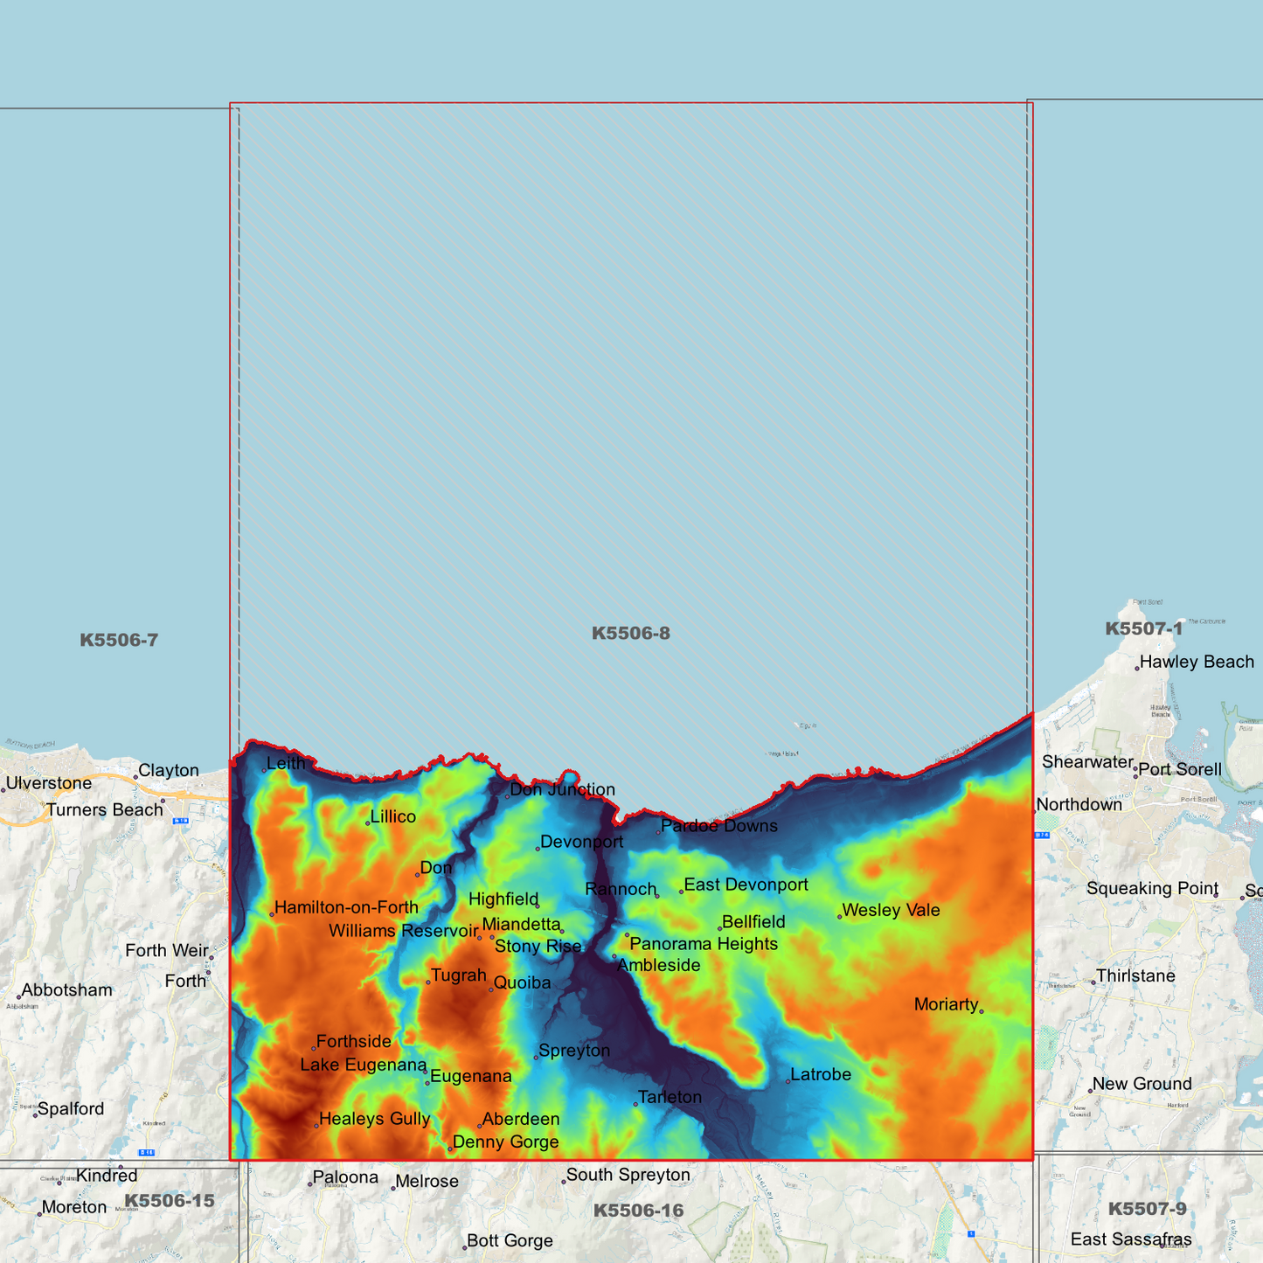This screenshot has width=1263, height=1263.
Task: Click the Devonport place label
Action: [581, 842]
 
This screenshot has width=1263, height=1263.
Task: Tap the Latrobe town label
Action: [820, 1074]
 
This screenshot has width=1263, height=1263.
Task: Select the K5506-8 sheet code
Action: [630, 633]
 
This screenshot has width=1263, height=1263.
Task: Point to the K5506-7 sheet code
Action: [119, 640]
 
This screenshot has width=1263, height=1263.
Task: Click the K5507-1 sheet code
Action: [1143, 628]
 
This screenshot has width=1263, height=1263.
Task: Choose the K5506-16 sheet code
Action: [638, 1211]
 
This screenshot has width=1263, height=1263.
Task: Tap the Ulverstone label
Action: [49, 783]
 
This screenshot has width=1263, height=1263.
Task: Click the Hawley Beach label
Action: [1197, 662]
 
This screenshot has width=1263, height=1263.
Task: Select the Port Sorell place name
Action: [1180, 769]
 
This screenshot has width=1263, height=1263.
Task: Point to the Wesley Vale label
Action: [891, 910]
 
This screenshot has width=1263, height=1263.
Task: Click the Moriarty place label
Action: [946, 1004]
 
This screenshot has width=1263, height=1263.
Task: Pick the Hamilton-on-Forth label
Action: [346, 907]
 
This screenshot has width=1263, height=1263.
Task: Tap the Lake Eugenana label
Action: [363, 1065]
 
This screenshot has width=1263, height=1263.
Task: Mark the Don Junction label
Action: [562, 789]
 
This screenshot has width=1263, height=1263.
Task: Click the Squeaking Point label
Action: [1152, 888]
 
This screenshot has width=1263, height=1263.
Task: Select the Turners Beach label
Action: [105, 809]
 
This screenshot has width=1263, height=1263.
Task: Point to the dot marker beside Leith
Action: [264, 770]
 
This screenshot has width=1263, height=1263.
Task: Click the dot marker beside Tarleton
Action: [635, 1105]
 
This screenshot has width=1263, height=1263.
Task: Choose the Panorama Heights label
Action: [703, 944]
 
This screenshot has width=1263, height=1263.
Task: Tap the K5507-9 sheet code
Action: [1147, 1209]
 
